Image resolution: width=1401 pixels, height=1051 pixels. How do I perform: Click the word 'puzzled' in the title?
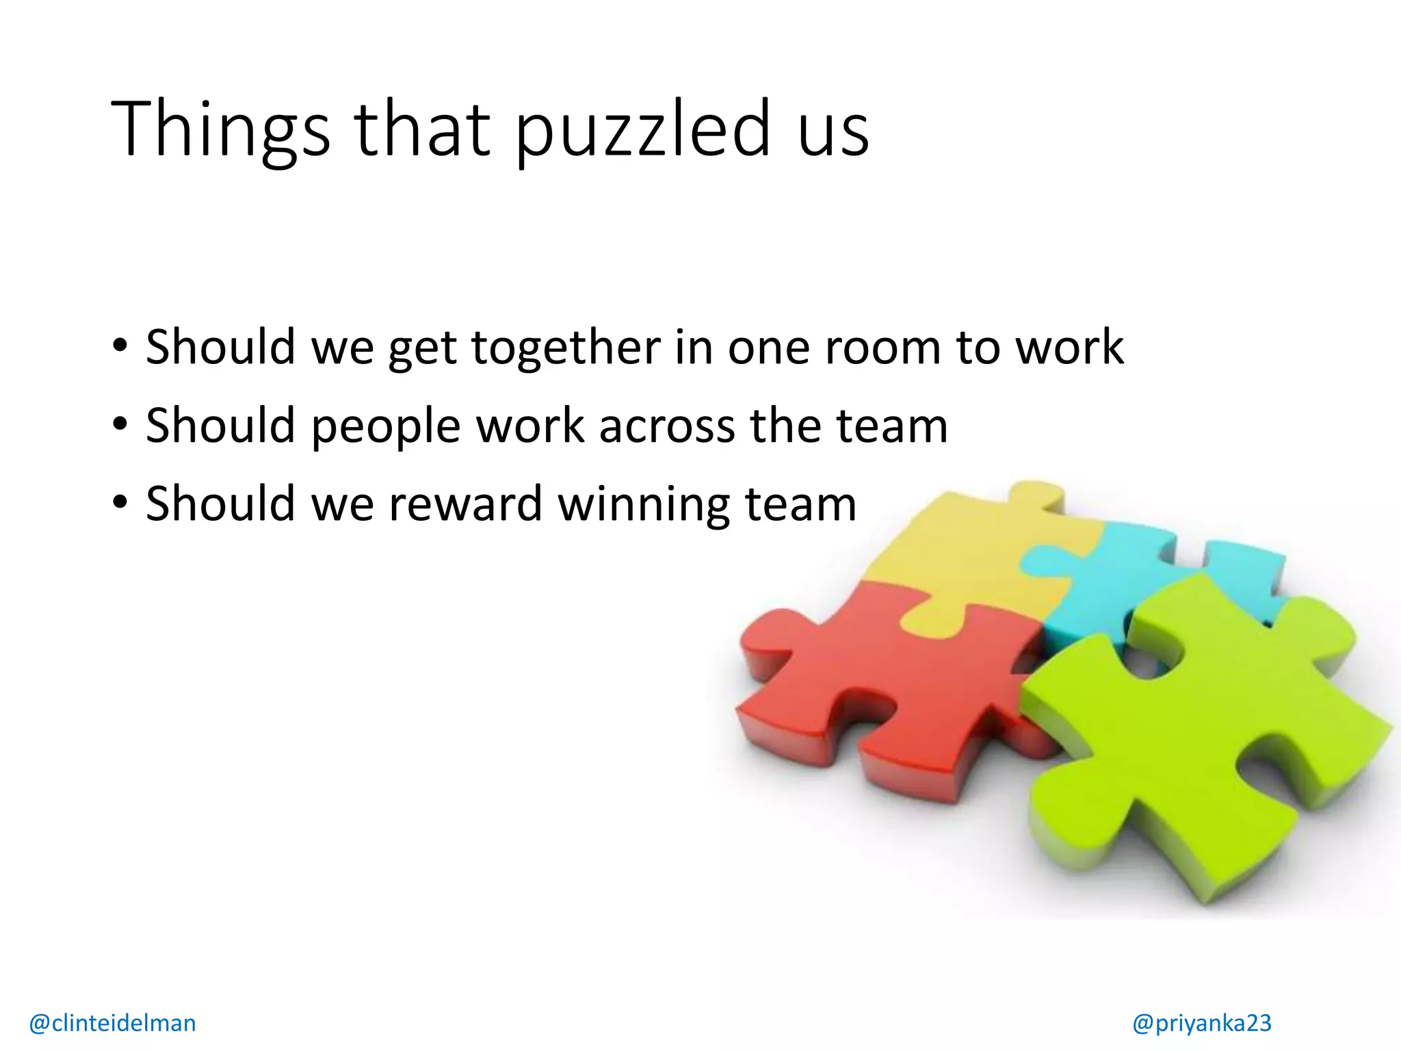tap(643, 130)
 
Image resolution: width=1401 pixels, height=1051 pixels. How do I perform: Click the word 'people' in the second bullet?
tap(386, 427)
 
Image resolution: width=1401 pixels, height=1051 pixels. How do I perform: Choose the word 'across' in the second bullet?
tap(668, 427)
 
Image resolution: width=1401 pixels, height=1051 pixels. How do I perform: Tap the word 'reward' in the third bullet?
tap(466, 504)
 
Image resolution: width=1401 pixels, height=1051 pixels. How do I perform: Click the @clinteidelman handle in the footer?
tap(113, 1023)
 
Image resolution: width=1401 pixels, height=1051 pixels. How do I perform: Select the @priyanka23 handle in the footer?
tap(1202, 1023)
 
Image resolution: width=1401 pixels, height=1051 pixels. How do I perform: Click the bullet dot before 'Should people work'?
tap(120, 426)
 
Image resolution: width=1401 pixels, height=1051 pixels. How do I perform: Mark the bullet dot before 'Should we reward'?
tap(120, 504)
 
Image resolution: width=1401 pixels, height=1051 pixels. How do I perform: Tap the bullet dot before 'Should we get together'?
tap(120, 346)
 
